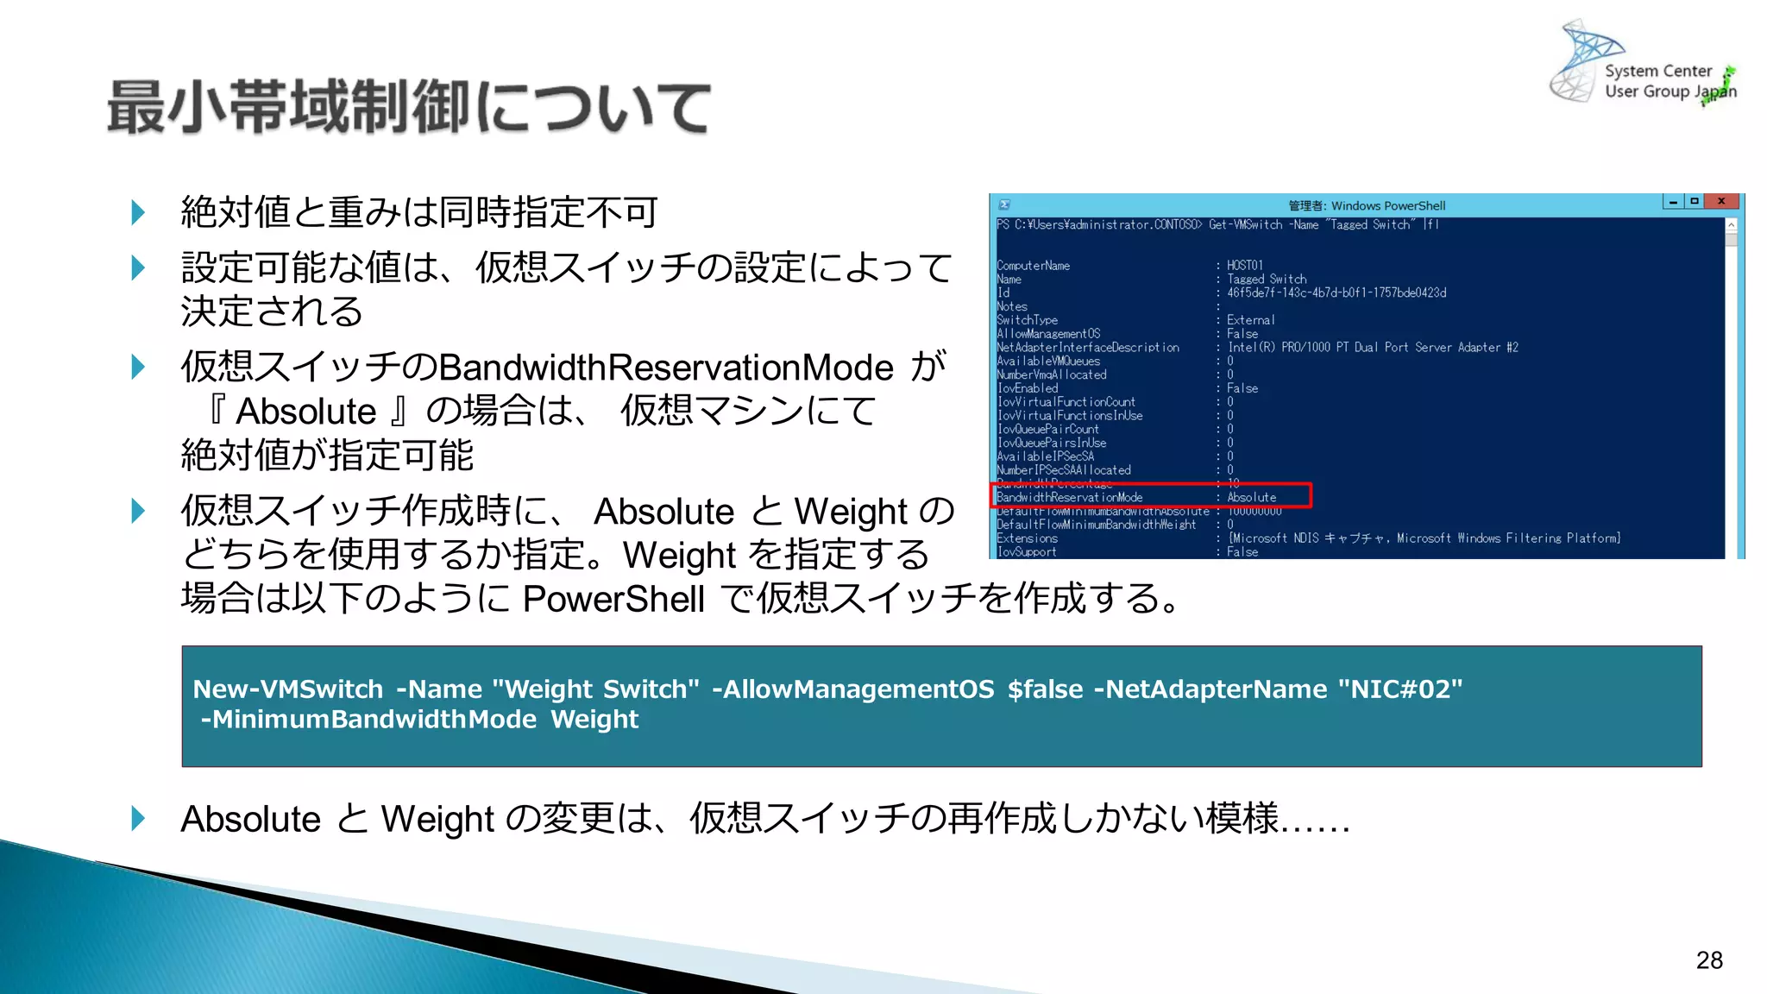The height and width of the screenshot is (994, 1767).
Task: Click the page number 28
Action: point(1708,960)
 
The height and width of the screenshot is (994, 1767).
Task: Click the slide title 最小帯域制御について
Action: point(409,108)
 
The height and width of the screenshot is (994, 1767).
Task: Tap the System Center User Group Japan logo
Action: point(1644,65)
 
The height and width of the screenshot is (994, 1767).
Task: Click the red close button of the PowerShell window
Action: point(1721,202)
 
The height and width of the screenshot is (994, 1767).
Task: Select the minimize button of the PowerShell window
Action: point(1673,202)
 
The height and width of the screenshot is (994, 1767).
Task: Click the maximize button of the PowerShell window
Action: point(1695,202)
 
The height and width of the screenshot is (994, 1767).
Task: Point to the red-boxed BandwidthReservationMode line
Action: point(1151,497)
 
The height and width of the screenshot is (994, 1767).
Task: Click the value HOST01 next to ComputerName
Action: point(1244,266)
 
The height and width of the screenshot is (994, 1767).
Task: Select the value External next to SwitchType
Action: point(1250,320)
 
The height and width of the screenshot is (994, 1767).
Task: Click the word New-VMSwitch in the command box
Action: point(287,689)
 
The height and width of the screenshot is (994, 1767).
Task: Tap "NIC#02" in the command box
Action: point(1400,689)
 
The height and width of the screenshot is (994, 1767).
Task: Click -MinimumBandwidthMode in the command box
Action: point(368,720)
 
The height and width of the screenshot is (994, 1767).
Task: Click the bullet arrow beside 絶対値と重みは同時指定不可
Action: point(138,212)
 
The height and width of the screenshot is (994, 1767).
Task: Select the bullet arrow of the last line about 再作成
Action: point(138,818)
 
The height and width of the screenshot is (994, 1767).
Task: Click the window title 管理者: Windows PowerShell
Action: point(1366,205)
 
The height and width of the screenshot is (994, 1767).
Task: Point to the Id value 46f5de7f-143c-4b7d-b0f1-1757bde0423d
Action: point(1336,293)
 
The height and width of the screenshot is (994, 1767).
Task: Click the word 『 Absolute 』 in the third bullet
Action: point(306,412)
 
